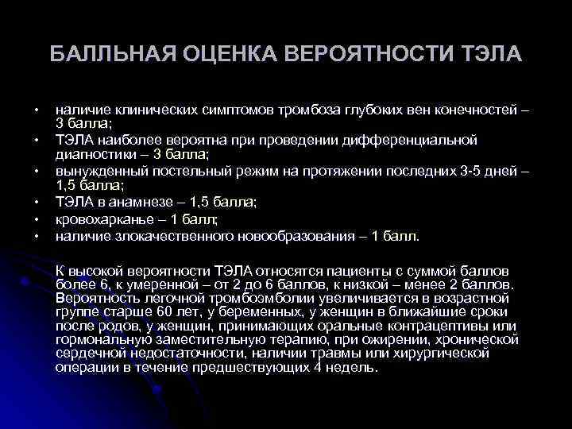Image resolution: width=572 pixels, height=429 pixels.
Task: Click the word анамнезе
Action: [142, 203]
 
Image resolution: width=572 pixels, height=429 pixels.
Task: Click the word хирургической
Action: [469, 355]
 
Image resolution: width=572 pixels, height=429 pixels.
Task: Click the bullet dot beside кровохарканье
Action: [37, 220]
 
